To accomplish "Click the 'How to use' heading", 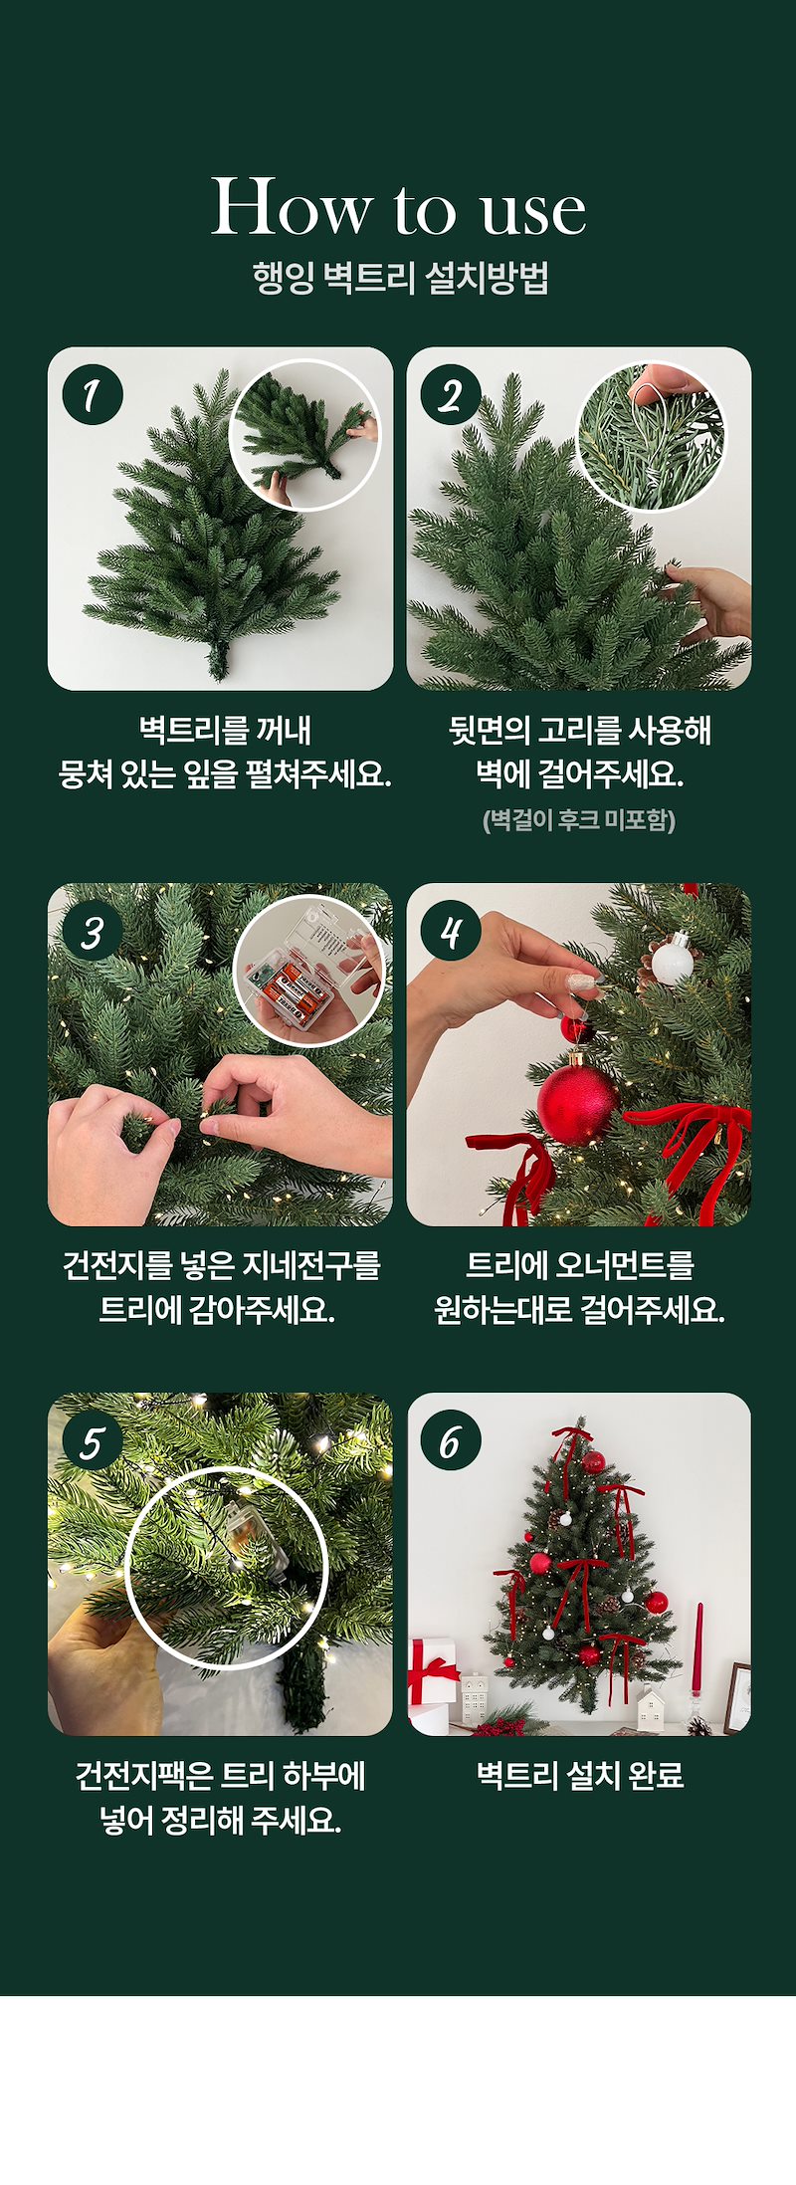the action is pos(398,207).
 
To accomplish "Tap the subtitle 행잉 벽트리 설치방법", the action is pos(400,278).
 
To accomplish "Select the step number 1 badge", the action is pos(93,395).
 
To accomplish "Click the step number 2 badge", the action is pos(451,395).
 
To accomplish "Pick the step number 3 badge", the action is pos(93,932).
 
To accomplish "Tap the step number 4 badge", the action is pos(451,932).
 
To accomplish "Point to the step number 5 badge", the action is pos(93,1441).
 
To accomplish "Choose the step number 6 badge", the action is pos(451,1441).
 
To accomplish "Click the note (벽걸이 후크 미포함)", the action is pos(579,820).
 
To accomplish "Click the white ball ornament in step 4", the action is pos(671,961).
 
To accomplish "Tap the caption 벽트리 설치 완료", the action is pos(580,1775).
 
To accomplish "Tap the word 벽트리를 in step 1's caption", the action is pos(192,730).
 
